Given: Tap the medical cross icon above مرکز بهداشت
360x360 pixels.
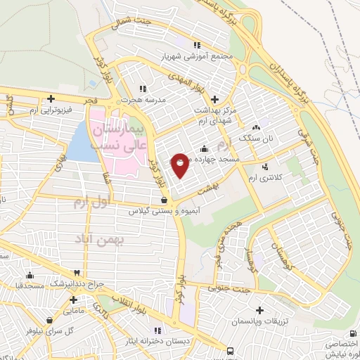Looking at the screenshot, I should click(x=214, y=99).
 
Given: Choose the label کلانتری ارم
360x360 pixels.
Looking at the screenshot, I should click(x=265, y=179).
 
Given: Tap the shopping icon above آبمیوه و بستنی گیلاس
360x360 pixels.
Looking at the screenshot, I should click(x=163, y=199).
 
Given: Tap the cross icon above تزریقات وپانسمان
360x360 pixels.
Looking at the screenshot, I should click(x=261, y=309).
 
